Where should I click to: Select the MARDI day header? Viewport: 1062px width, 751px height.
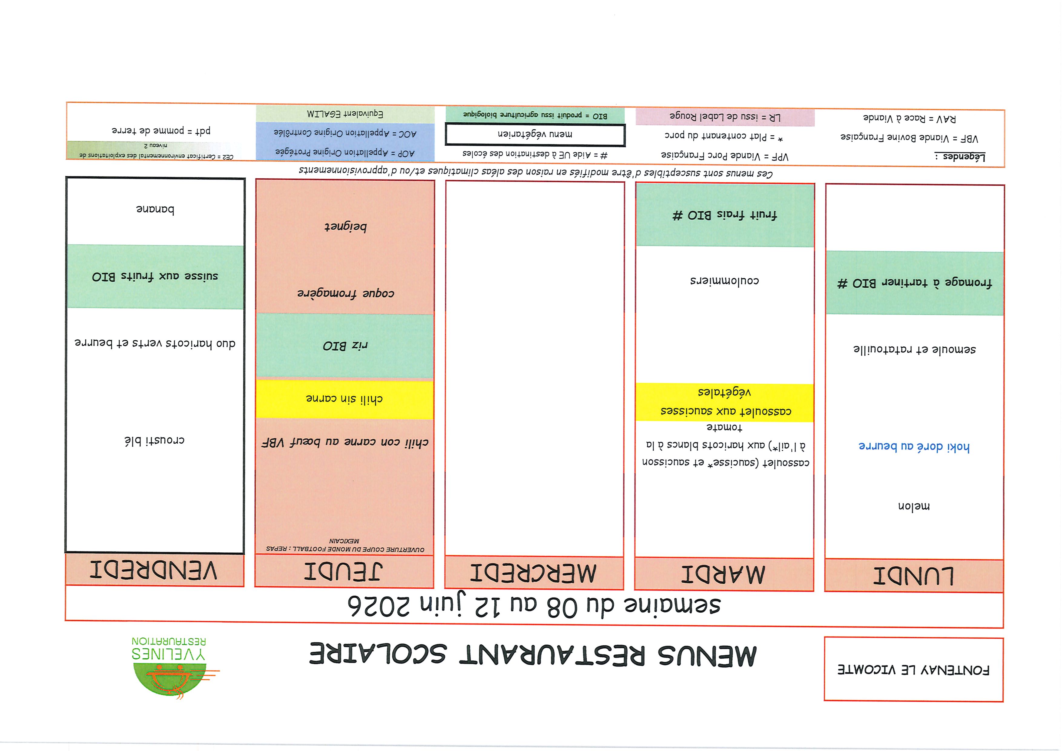724,574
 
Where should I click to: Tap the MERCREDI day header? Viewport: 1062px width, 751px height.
534,573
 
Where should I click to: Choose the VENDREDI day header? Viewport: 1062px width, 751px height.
154,570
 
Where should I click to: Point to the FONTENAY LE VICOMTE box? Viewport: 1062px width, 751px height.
914,670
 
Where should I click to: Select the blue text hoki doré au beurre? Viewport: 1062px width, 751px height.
914,447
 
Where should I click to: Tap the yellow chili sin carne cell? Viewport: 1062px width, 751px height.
345,399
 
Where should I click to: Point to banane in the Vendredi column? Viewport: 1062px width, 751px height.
155,210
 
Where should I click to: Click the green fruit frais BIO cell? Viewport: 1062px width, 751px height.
725,215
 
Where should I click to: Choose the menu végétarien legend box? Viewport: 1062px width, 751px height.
535,134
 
